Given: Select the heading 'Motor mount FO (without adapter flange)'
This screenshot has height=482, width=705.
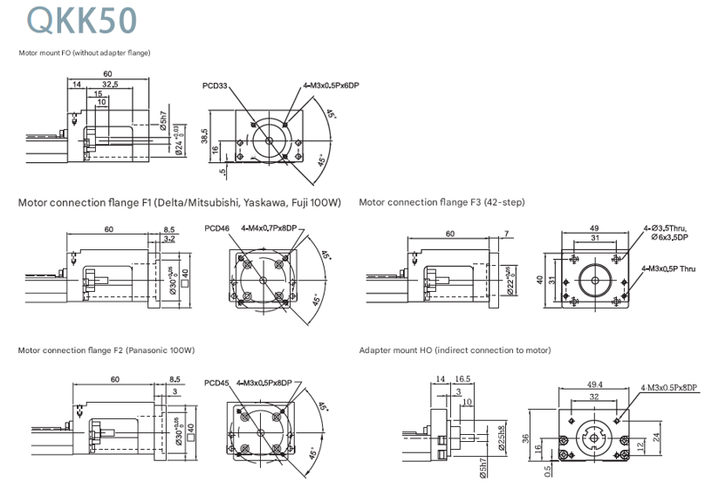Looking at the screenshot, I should click(x=85, y=53).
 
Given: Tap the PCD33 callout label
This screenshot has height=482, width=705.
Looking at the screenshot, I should click(x=215, y=86).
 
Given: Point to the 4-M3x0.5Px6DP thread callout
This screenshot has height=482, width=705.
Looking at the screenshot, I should click(x=332, y=86).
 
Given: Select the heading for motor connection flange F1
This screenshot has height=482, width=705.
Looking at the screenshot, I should click(x=179, y=203).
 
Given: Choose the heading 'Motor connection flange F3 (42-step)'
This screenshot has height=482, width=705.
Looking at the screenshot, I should click(x=441, y=203).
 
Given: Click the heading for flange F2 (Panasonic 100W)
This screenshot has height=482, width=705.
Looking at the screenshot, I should click(x=106, y=350).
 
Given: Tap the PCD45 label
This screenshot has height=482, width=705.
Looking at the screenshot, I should click(x=216, y=382).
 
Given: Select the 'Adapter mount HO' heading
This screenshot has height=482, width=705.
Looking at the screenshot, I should click(x=455, y=350).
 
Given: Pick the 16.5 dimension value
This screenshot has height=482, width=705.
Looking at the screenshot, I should click(x=462, y=379).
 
